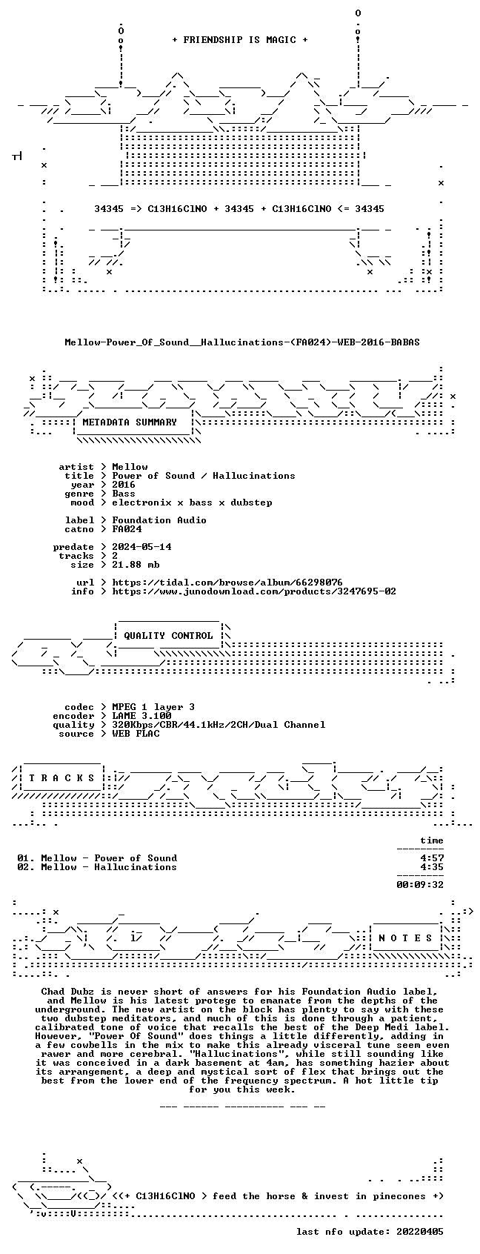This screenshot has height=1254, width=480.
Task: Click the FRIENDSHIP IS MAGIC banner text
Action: [240, 40]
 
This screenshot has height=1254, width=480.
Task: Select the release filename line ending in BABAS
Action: [242, 342]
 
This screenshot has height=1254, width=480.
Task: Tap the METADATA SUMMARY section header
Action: [129, 422]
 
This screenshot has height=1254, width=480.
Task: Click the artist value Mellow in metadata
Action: [130, 467]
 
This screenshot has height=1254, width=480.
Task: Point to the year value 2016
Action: [124, 485]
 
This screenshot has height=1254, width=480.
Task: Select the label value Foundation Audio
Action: [159, 520]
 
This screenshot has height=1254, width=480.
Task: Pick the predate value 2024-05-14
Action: [141, 547]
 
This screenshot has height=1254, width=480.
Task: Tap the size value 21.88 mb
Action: [136, 565]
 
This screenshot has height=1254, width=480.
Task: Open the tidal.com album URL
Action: [227, 583]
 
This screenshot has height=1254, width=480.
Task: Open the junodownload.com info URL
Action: [254, 591]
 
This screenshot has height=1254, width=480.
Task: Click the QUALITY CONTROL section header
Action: [168, 636]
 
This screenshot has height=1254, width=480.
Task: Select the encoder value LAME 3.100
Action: [141, 716]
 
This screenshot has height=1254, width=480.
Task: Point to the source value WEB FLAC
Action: [136, 734]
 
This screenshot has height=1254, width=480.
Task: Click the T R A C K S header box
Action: [62, 778]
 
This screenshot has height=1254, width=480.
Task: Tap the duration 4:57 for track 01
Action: [432, 858]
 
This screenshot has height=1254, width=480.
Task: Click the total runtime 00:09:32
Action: [420, 885]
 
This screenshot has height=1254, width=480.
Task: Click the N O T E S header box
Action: [406, 938]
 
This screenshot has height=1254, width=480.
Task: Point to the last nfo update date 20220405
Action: [420, 1232]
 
